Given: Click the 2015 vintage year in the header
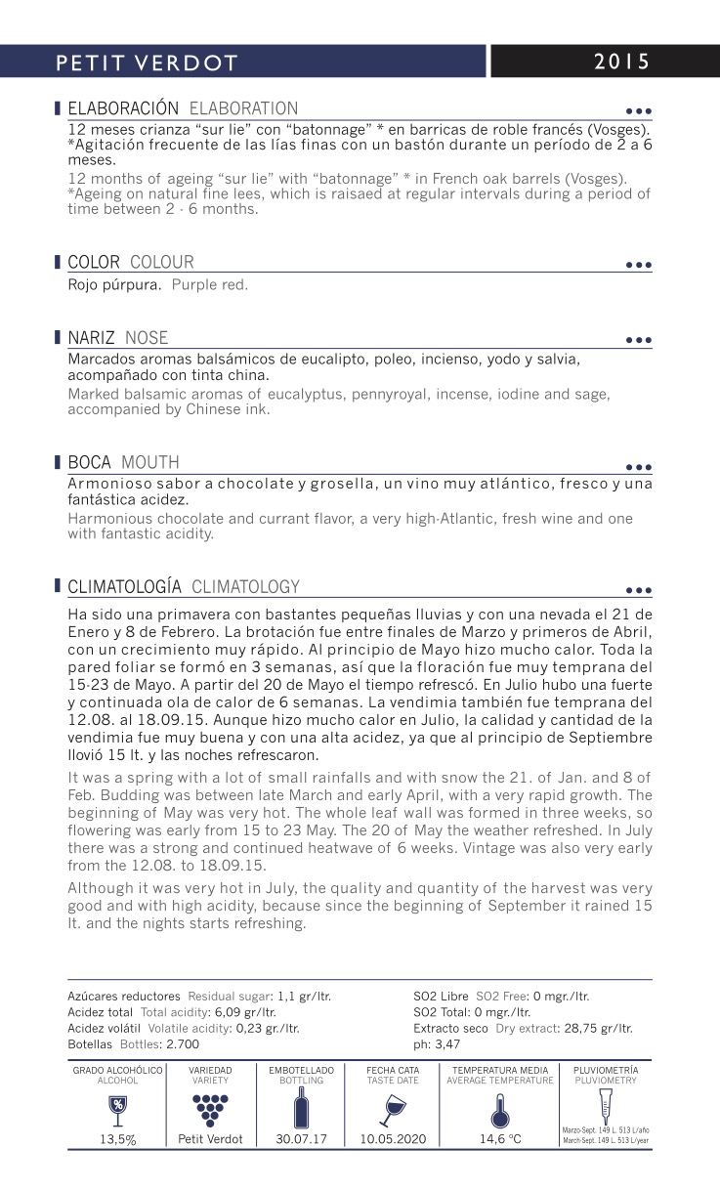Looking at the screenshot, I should [x=621, y=62].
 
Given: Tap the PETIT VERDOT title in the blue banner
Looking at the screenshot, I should [x=147, y=64].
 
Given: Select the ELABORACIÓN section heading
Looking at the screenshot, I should [x=123, y=108].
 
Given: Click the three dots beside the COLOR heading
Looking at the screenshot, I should [x=638, y=265].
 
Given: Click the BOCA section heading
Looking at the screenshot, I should [x=90, y=462].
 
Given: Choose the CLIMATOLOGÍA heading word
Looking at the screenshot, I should [x=124, y=587].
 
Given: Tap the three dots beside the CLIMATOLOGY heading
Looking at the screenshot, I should [x=638, y=590].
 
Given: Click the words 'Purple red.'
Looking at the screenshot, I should [x=209, y=285].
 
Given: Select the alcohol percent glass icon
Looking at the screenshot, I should [x=117, y=1106].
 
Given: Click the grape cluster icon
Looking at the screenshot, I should [x=210, y=1106].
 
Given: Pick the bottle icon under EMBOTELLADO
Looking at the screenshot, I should [x=301, y=1107].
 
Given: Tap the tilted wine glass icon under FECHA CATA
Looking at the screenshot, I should [x=393, y=1107].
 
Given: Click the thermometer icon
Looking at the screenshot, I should [x=499, y=1108].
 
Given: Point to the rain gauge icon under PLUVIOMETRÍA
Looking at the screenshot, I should [x=606, y=1104].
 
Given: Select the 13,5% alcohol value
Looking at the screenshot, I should [x=117, y=1139].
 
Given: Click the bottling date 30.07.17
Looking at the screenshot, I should [x=301, y=1139].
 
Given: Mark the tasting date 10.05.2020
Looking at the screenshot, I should [x=393, y=1139].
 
